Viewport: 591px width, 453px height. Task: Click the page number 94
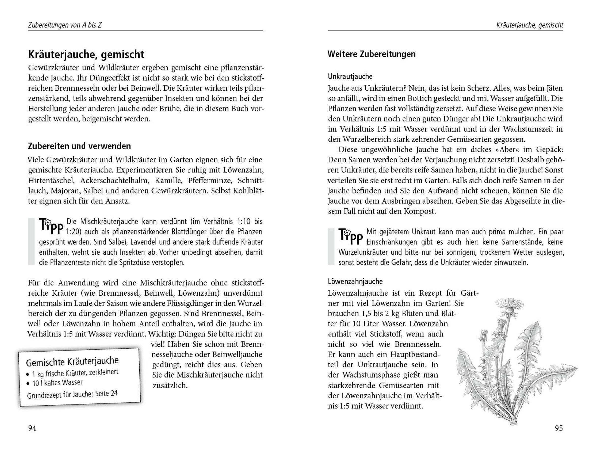(32, 428)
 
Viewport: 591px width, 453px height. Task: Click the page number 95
(559, 428)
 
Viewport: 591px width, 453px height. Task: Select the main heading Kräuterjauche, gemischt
(86, 54)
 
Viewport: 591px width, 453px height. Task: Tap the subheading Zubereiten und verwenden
(79, 146)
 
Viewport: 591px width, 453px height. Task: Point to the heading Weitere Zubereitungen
(371, 54)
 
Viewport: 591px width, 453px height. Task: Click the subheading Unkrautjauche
(350, 77)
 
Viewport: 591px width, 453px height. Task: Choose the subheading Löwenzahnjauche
(355, 282)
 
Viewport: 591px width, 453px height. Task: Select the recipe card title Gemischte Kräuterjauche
(72, 361)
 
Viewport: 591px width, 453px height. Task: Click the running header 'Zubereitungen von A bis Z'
(65, 25)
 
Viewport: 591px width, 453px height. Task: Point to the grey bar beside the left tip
(31, 242)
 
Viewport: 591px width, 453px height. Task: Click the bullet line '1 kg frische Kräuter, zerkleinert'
(75, 373)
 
